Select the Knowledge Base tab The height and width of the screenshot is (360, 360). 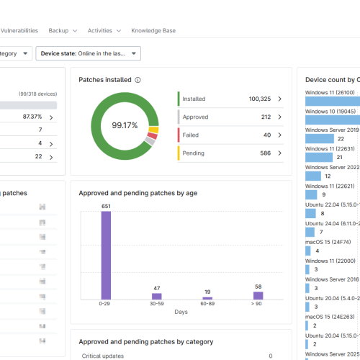click(x=153, y=31)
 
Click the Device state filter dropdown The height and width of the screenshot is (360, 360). click(x=90, y=53)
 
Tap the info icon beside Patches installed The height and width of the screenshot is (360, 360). click(x=138, y=80)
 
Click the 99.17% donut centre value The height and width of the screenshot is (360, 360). click(x=125, y=125)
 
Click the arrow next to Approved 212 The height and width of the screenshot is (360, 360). click(x=279, y=117)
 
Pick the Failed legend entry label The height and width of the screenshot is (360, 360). click(x=191, y=135)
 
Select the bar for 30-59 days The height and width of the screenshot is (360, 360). click(x=156, y=296)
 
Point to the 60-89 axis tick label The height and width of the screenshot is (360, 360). click(x=207, y=304)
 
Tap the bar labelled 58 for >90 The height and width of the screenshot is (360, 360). click(x=258, y=295)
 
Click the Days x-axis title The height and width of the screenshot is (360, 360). click(x=181, y=312)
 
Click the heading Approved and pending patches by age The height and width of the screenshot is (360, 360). click(x=138, y=193)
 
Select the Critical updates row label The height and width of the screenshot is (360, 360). click(x=104, y=356)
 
